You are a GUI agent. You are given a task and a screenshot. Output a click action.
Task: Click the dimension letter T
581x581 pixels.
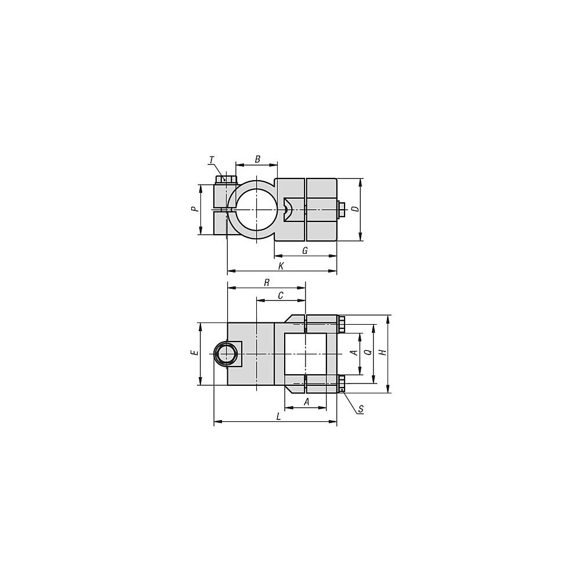coord(212,160)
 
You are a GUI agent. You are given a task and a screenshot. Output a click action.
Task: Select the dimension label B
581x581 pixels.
coord(257,159)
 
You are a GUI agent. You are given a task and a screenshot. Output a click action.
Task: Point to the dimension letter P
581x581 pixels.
coord(195,209)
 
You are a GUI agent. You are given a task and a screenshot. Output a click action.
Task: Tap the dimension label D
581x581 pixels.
coord(354,209)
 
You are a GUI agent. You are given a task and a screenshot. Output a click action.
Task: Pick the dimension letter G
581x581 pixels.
coord(304,250)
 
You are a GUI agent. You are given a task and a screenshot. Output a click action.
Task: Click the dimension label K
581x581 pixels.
coord(281,266)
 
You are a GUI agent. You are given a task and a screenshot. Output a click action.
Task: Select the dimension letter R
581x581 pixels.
coord(266,282)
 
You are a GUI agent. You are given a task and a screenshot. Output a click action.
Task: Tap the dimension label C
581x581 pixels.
coord(281,295)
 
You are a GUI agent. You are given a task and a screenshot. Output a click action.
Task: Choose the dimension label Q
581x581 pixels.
coord(367,353)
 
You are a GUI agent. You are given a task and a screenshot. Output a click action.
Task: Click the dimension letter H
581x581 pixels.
coord(382,353)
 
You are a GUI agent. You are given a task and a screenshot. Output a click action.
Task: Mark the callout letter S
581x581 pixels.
coord(361,409)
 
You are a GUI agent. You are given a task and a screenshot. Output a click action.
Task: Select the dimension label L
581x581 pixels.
coord(279,417)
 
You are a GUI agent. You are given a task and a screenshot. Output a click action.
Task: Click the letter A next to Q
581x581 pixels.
coord(354,353)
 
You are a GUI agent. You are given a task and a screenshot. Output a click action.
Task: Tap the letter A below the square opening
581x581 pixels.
coord(306,402)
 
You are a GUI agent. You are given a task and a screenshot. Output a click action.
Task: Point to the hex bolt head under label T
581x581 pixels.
coord(226,178)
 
